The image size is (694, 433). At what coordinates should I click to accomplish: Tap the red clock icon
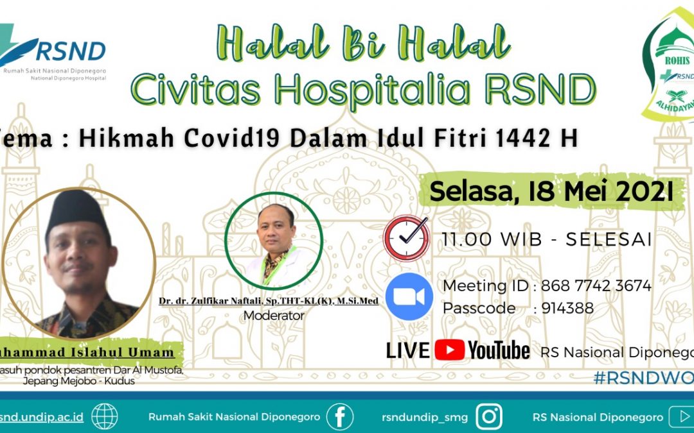(x=407, y=237)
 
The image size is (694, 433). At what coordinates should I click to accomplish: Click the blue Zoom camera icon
(x=409, y=296)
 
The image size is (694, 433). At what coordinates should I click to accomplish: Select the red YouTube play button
(x=449, y=350)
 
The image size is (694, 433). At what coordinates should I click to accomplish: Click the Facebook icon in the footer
(x=339, y=417)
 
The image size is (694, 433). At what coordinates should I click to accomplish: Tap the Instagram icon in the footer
(x=489, y=417)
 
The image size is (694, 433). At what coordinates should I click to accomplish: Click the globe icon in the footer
(x=104, y=417)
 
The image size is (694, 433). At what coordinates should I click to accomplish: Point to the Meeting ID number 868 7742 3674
(x=596, y=285)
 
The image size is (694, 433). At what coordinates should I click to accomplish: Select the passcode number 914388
(x=567, y=309)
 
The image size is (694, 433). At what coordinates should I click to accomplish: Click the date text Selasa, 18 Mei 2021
(x=551, y=191)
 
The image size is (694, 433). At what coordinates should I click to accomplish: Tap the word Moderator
(x=274, y=316)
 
